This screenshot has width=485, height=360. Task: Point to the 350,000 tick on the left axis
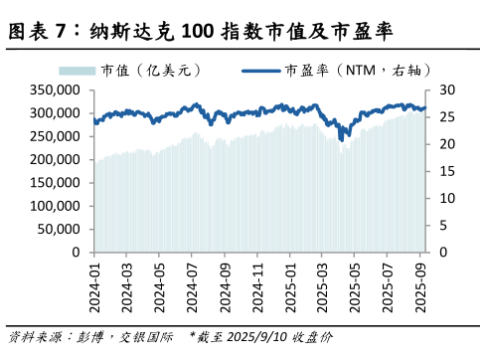coord(57,90)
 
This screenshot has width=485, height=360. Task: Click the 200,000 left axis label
coord(57,159)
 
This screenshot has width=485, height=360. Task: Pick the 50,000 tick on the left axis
coord(61,229)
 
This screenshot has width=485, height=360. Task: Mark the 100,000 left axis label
coord(57,206)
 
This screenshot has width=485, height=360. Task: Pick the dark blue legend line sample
coord(261,71)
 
